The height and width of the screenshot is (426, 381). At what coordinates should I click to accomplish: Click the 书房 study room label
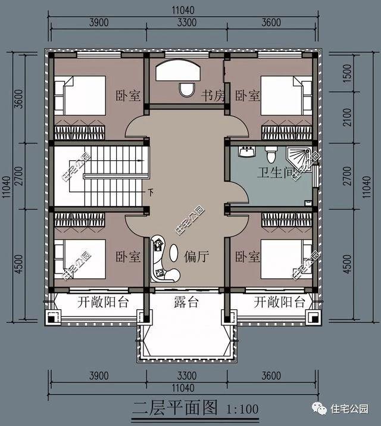[x=212, y=95]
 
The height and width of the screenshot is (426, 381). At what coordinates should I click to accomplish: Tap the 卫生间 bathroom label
[x=276, y=173]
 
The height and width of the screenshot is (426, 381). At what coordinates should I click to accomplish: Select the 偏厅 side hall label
[x=196, y=257]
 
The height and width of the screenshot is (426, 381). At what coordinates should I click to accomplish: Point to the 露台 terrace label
[x=186, y=302]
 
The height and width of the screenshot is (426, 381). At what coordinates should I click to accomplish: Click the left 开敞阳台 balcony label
[x=103, y=302]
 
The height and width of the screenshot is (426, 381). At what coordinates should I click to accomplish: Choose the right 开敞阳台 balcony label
[x=279, y=302]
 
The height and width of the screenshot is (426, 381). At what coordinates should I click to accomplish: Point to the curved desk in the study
[x=179, y=71]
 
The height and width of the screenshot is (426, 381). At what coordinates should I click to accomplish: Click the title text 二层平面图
[x=175, y=409]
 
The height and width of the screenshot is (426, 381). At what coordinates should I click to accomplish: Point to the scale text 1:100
[x=242, y=409]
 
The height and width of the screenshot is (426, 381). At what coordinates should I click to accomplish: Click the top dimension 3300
[x=187, y=23]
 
